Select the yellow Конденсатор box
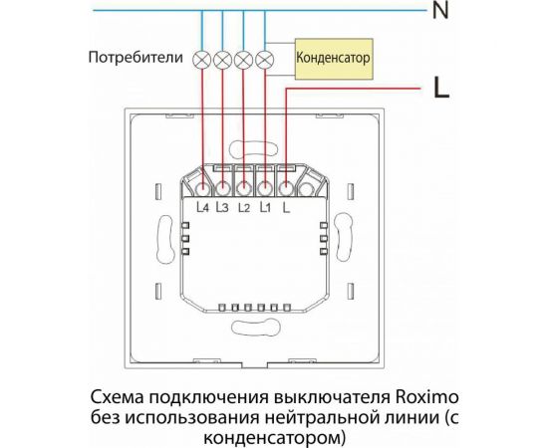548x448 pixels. tap(335, 59)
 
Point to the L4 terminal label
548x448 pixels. tap(203, 208)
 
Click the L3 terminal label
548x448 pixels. tap(222, 208)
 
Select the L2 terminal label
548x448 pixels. tap(244, 208)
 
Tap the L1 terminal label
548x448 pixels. tap(265, 208)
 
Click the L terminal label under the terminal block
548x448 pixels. tap(286, 208)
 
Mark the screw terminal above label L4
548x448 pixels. tap(203, 186)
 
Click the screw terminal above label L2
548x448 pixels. tap(244, 186)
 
